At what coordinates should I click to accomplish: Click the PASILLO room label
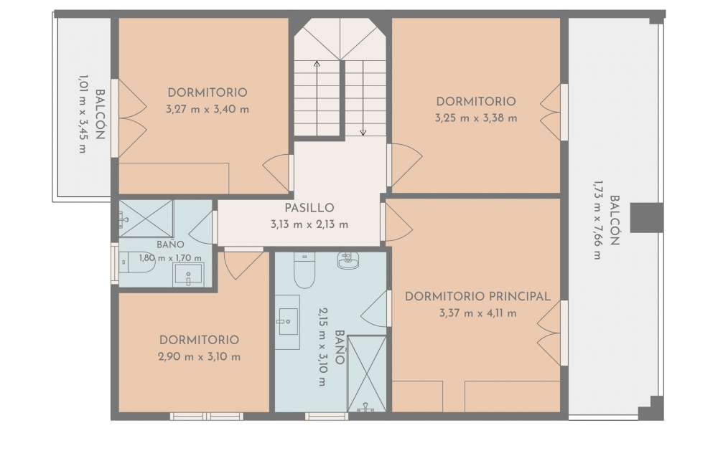(x=309, y=208)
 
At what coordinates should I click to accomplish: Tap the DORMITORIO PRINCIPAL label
(x=477, y=296)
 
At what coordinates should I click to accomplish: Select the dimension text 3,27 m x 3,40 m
(x=208, y=110)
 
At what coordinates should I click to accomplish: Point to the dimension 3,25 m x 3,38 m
(x=476, y=118)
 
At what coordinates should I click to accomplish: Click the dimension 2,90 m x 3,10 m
(x=199, y=357)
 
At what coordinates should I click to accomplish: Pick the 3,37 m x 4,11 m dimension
(x=477, y=314)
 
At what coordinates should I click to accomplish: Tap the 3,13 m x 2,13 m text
(x=309, y=224)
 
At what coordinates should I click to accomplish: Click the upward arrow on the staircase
(x=317, y=98)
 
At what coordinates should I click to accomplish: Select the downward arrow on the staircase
(x=363, y=98)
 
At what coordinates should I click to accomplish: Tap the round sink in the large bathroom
(x=348, y=260)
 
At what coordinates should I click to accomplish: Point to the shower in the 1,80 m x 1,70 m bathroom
(x=146, y=219)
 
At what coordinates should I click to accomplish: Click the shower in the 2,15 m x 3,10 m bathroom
(x=367, y=374)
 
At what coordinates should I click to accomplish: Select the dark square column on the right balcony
(x=647, y=218)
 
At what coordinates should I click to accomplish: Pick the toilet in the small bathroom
(x=137, y=262)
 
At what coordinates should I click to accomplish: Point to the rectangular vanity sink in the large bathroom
(x=288, y=322)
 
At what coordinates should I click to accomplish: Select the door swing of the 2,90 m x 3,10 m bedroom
(x=243, y=265)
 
